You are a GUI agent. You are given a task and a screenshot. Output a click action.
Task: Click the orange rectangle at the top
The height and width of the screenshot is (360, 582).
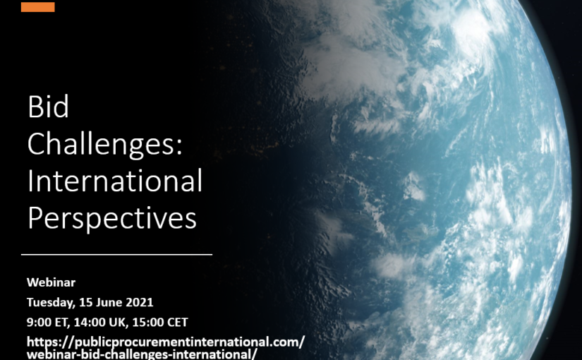[x=38, y=7]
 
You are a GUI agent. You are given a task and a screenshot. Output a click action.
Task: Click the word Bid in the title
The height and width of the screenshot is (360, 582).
[x=48, y=107]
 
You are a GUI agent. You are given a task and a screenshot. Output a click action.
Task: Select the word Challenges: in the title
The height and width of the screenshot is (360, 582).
[x=105, y=145]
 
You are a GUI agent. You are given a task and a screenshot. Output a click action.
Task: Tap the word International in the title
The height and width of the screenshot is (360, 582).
[x=115, y=181]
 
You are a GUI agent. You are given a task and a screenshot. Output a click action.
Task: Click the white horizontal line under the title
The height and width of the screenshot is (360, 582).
[x=116, y=255]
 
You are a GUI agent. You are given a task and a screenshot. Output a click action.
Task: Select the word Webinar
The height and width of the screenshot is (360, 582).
[x=51, y=282]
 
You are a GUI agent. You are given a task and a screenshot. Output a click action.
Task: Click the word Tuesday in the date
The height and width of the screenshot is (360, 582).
[x=51, y=302]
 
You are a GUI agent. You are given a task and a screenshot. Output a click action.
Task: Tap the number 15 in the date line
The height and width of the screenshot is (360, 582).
[x=85, y=302]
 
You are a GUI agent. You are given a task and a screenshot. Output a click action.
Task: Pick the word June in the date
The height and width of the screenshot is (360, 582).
[x=109, y=302]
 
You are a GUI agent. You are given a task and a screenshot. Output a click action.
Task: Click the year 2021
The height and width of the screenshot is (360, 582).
[x=140, y=302]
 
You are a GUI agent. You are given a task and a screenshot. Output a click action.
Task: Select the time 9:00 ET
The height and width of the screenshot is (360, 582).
[x=48, y=322]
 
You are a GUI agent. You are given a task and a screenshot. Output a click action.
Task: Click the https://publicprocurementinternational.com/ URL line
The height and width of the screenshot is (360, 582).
[x=166, y=342]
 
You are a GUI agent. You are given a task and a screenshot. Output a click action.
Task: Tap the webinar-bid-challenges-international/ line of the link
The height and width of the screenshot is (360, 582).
[x=142, y=354]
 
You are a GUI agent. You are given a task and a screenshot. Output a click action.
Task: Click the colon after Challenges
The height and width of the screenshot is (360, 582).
[x=179, y=146]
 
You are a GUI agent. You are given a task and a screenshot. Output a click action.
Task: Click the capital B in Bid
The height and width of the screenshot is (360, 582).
[x=35, y=107]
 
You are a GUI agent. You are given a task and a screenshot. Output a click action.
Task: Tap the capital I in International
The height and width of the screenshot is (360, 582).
[x=30, y=181]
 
